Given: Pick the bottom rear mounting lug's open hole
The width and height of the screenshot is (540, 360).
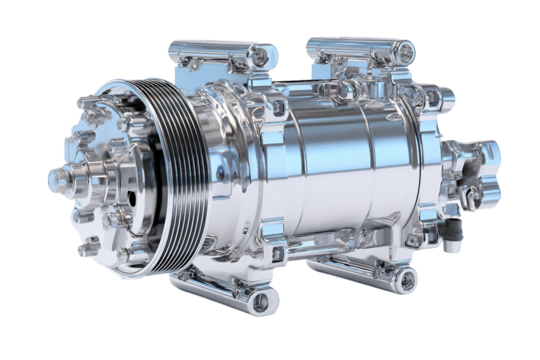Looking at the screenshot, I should [405, 276].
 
